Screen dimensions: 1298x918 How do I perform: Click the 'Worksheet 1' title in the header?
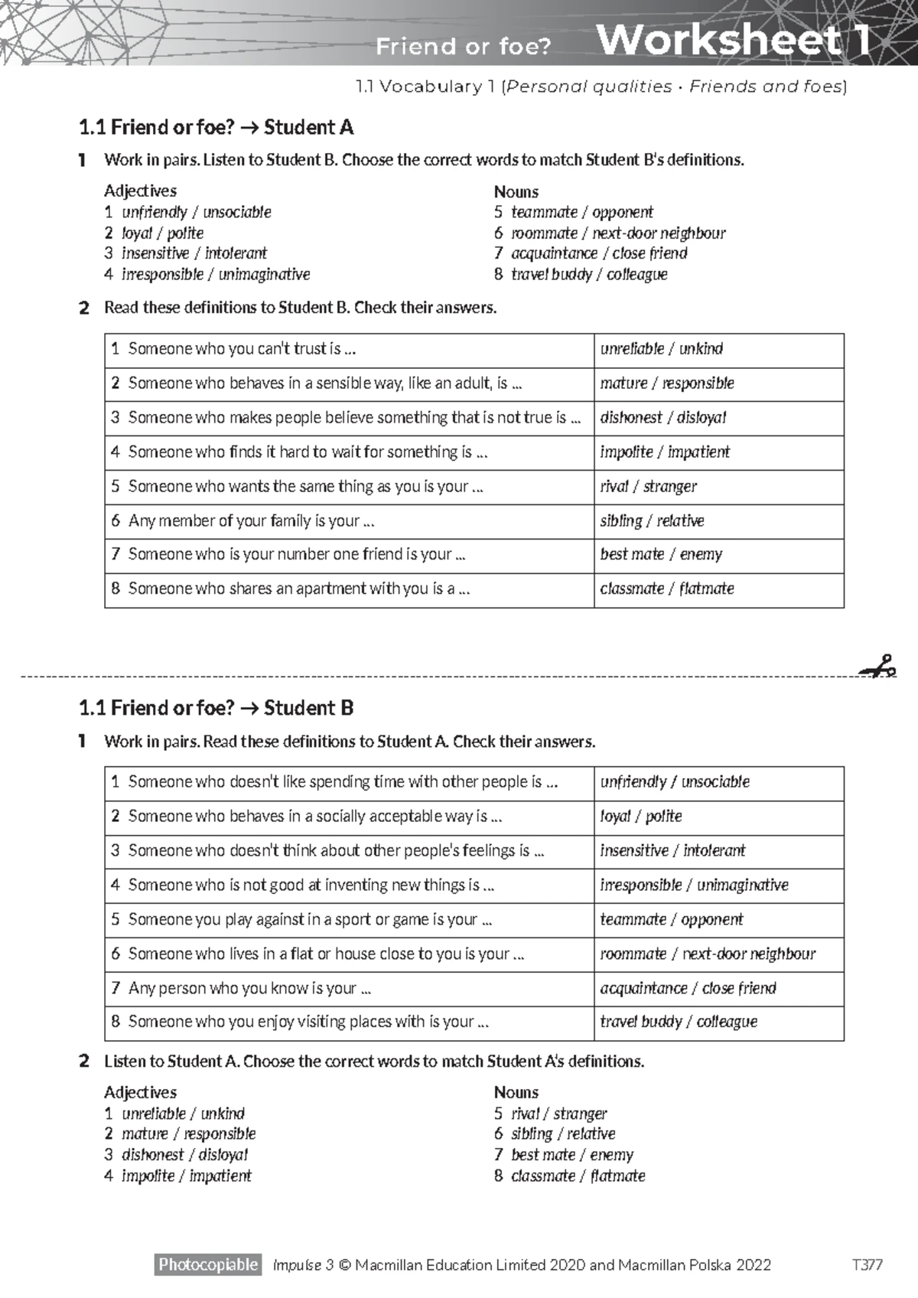click(732, 40)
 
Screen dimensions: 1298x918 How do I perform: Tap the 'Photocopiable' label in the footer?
click(208, 1264)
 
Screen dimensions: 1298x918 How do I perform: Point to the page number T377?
click(868, 1265)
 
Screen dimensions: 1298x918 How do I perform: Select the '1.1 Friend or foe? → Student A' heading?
click(216, 127)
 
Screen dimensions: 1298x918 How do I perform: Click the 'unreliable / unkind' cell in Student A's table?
click(662, 349)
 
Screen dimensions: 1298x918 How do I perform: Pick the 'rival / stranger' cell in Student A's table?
click(649, 487)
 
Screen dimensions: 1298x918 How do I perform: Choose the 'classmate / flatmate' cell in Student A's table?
click(667, 589)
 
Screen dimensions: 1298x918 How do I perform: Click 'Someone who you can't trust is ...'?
click(242, 349)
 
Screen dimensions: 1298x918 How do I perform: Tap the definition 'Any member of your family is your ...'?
click(251, 521)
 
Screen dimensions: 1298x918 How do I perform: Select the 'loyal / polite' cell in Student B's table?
click(641, 817)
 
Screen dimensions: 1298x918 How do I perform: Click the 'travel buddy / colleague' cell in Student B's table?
click(679, 1022)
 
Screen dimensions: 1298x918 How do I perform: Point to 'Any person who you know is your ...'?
click(249, 988)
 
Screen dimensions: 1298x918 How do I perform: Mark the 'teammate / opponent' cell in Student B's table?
click(672, 919)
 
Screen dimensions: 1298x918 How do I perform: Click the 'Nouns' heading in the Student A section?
click(516, 191)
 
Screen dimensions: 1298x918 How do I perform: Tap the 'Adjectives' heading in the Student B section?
click(140, 1092)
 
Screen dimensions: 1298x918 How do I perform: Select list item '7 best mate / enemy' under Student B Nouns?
click(564, 1155)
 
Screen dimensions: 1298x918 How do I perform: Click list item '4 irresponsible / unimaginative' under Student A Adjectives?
click(207, 274)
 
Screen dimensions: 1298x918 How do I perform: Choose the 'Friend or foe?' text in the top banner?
click(463, 47)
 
